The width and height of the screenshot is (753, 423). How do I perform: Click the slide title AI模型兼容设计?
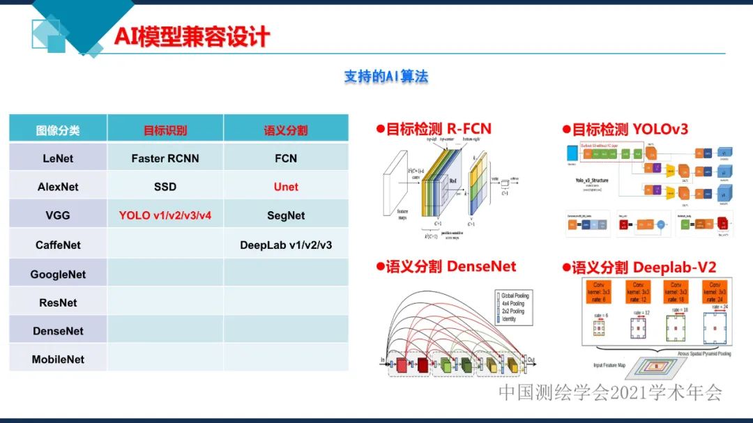click(192, 36)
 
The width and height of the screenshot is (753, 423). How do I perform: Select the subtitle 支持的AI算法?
click(386, 77)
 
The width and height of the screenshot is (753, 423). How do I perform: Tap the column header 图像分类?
click(58, 130)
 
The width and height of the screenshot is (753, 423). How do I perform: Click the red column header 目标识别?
click(165, 130)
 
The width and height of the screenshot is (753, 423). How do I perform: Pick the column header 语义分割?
click(286, 130)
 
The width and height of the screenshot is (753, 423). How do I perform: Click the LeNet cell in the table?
click(58, 158)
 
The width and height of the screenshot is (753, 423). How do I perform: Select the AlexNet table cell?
click(58, 187)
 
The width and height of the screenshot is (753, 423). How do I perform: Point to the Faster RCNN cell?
click(165, 158)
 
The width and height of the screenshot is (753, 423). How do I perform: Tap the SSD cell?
click(165, 187)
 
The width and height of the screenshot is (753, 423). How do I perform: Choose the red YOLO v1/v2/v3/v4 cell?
click(165, 215)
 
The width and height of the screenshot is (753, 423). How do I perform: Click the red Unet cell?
click(286, 187)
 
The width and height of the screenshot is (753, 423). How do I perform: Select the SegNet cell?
click(286, 215)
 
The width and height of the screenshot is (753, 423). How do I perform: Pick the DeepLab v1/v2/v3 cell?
click(286, 245)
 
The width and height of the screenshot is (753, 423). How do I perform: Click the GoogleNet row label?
click(58, 275)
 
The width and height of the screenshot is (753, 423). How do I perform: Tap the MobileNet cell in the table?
click(58, 360)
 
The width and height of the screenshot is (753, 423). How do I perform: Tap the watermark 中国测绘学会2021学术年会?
click(610, 392)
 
